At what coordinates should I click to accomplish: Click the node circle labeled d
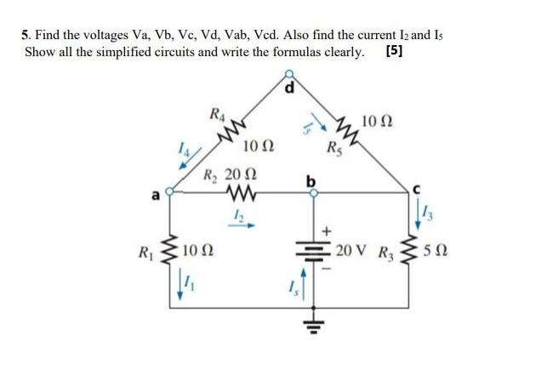click(x=289, y=74)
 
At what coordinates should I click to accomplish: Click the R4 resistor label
click(x=217, y=114)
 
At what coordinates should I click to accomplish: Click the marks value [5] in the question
click(x=393, y=50)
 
